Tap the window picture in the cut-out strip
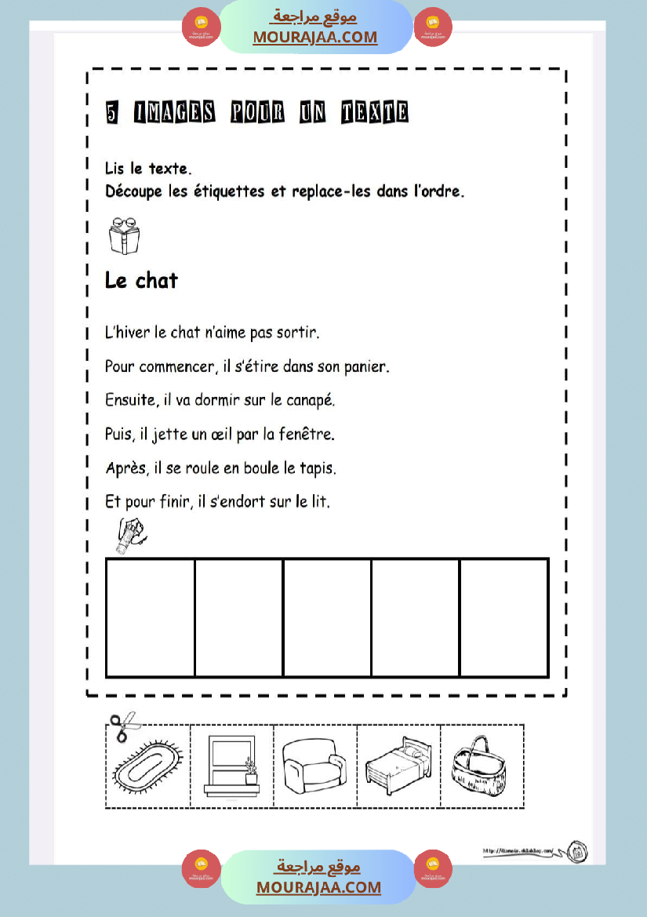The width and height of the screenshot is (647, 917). click(231, 765)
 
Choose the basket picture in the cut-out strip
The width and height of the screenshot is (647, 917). click(480, 765)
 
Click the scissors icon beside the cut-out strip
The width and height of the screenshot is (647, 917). click(122, 726)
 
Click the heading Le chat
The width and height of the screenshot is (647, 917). click(141, 280)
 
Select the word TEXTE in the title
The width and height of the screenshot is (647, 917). click(375, 113)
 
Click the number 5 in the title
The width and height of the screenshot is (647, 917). click(113, 114)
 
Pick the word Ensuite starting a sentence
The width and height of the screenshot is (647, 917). click(129, 400)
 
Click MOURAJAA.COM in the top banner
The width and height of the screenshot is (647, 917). click(314, 37)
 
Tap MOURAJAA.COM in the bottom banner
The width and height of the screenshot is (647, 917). click(318, 887)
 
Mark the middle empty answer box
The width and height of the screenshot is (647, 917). click(327, 617)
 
